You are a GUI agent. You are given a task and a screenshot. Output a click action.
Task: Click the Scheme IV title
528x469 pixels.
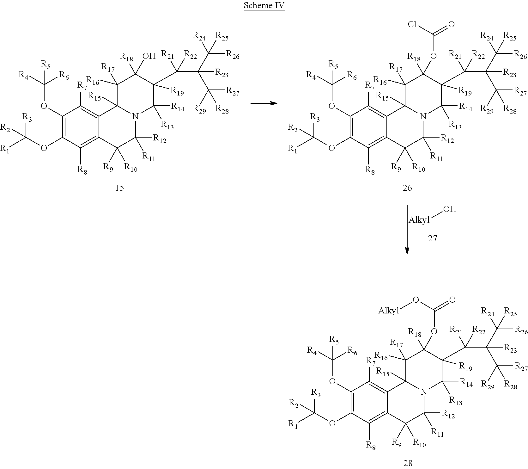pos(264,6)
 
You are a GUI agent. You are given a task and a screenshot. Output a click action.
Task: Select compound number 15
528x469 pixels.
pos(119,188)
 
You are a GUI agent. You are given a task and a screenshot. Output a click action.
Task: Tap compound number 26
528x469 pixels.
pos(407,188)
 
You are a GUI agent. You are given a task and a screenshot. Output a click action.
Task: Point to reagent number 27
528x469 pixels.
pos(433,238)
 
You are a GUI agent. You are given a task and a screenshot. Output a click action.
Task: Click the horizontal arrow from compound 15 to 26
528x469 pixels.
pos(264,103)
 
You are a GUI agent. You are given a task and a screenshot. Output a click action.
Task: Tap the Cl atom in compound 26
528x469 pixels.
pos(413,25)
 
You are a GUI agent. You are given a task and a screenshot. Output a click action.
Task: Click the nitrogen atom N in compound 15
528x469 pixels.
pos(135,117)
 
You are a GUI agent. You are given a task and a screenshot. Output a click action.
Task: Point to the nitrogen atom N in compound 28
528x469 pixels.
pos(424,392)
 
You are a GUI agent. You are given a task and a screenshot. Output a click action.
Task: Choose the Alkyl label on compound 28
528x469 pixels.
pos(389,311)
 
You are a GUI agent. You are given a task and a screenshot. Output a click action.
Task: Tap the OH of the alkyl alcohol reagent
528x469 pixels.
pos(450,209)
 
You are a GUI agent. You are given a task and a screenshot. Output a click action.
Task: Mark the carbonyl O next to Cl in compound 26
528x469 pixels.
pos(452,24)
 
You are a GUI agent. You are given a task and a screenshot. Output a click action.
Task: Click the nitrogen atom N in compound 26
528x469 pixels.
pos(423,117)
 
